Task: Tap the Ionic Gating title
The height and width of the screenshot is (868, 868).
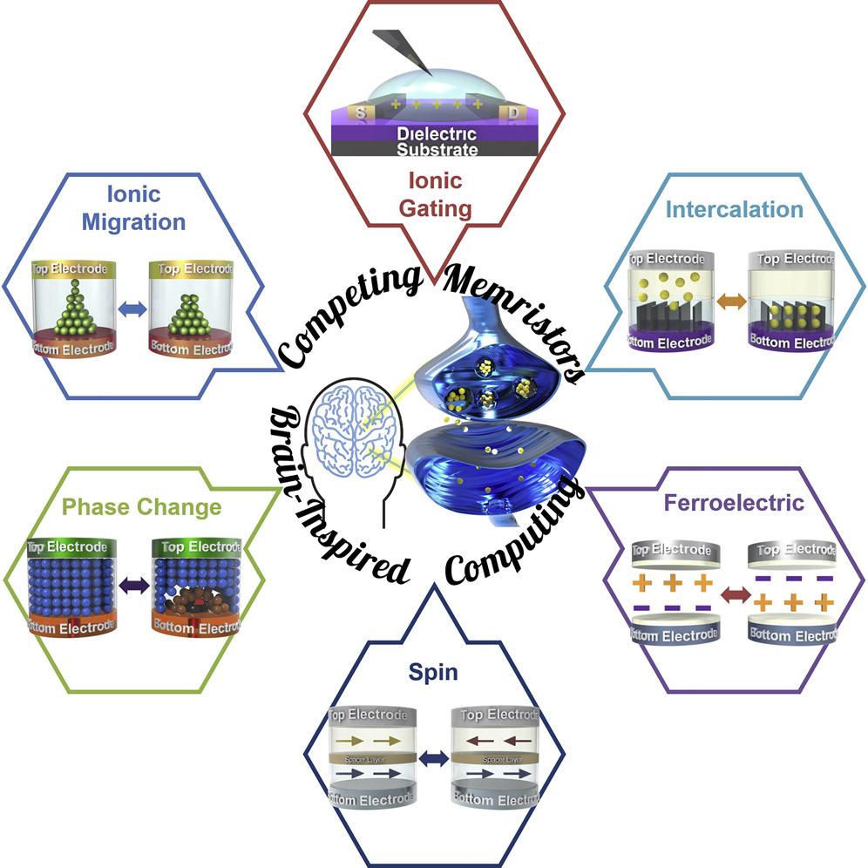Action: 440,195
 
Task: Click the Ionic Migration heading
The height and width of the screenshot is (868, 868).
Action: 133,208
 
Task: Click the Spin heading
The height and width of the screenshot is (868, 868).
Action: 434,672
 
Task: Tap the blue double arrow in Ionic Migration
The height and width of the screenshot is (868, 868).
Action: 132,308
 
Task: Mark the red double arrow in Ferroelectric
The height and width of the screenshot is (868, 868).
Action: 734,594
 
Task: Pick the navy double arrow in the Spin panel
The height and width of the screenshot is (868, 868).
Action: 433,758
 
